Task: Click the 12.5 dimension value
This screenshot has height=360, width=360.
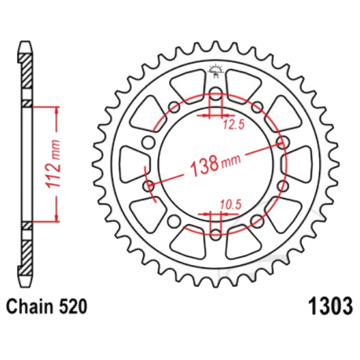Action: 230,123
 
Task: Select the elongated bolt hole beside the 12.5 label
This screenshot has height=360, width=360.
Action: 215,98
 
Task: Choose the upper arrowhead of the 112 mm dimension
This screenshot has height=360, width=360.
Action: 55,108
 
